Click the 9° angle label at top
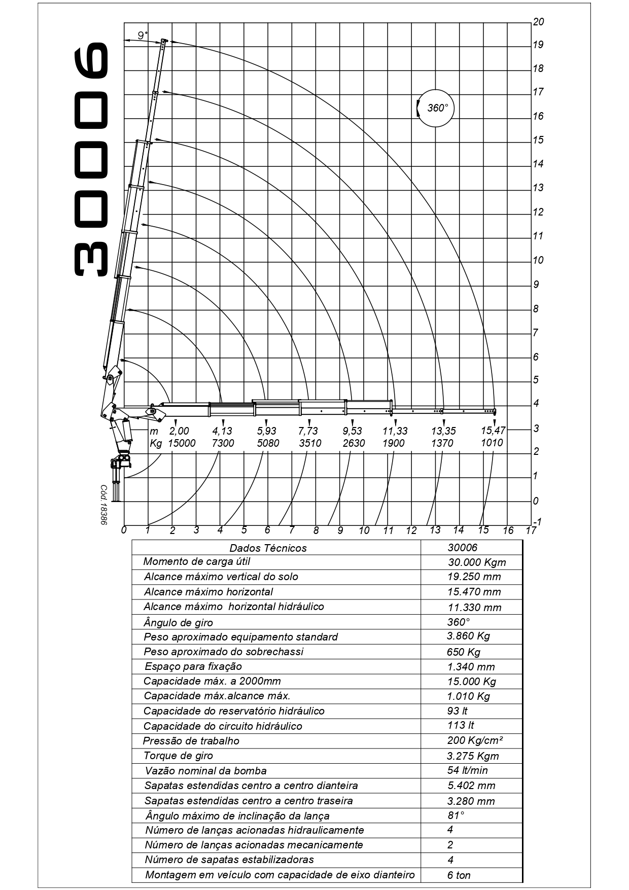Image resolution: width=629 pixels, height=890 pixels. pyautogui.click(x=143, y=35)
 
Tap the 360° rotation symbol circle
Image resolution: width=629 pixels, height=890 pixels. pyautogui.click(x=435, y=108)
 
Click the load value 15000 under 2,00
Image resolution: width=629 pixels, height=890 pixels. pyautogui.click(x=182, y=443)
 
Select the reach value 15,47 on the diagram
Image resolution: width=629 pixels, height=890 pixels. pyautogui.click(x=493, y=431)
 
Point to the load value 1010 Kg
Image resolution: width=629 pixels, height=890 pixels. pyautogui.click(x=492, y=443)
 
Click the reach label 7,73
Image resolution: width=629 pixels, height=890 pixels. pyautogui.click(x=308, y=431)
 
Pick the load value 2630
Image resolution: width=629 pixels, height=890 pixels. pyautogui.click(x=354, y=443)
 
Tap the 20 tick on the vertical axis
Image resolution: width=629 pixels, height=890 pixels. pyautogui.click(x=538, y=21)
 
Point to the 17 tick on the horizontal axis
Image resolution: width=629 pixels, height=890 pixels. pyautogui.click(x=531, y=530)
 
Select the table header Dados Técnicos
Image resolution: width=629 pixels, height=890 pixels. pyautogui.click(x=268, y=548)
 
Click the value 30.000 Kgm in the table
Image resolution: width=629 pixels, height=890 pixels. pyautogui.click(x=477, y=562)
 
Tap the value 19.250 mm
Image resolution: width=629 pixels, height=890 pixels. pyautogui.click(x=474, y=577)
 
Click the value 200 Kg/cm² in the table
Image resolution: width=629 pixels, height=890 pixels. pyautogui.click(x=475, y=740)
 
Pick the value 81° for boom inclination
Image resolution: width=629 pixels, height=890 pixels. pyautogui.click(x=456, y=815)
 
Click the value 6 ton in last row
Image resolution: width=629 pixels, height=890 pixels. pyautogui.click(x=459, y=875)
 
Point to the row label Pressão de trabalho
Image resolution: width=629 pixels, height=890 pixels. pyautogui.click(x=191, y=741)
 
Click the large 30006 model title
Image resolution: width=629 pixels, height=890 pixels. pyautogui.click(x=91, y=159)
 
